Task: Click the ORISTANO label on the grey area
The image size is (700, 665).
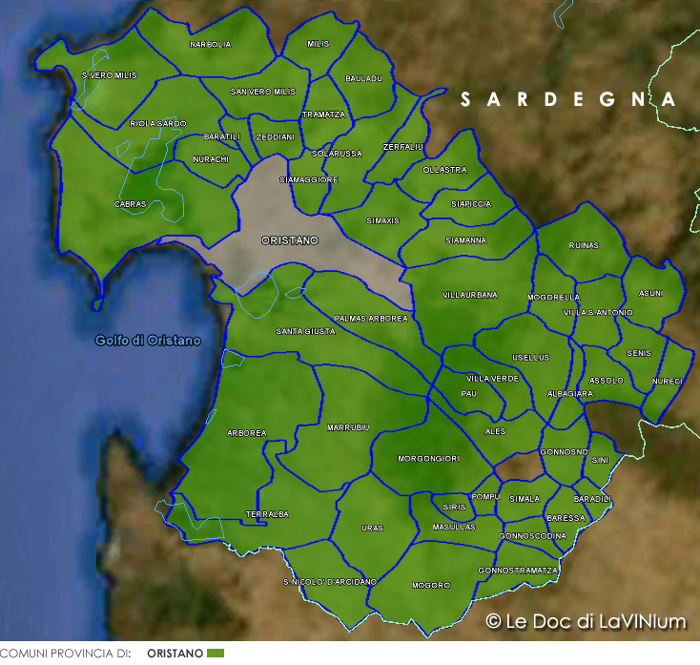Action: coord(289,241)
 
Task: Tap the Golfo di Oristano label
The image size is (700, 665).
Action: coord(148,341)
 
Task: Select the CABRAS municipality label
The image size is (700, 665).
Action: coord(130,204)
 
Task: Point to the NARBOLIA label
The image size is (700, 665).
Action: coord(210,45)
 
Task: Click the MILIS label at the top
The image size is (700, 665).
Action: coord(319,44)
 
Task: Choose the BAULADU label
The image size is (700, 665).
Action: coord(363,78)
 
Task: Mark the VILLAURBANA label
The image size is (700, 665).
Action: coord(470,296)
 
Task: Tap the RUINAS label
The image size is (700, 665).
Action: coord(583,245)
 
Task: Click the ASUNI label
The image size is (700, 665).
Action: coord(652,293)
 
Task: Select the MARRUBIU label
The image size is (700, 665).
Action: coord(347,426)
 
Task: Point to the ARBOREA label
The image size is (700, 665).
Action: coord(247,433)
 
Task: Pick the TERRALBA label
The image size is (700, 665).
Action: coord(267,514)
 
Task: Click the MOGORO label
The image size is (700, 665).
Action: coord(430,585)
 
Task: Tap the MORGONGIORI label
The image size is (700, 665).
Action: coord(428,459)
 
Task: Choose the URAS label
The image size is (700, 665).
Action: coord(372,528)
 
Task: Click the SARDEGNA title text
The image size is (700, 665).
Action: coord(567,99)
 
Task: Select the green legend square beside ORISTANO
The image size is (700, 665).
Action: coord(216,654)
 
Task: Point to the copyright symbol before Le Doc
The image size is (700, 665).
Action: coord(493,621)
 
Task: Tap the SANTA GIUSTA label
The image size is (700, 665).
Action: coord(305,331)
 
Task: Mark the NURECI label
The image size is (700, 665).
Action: coord(668,382)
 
